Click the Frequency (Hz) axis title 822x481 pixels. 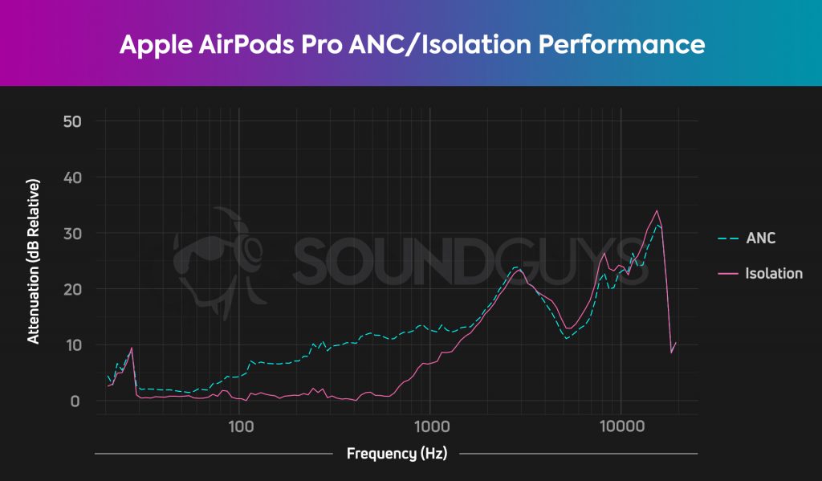tap(396, 454)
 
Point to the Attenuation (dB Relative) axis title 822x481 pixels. tap(34, 261)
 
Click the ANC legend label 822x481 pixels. tap(760, 238)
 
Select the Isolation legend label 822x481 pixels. tap(773, 274)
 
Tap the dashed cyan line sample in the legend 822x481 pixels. tap(728, 238)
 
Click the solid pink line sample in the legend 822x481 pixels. tap(728, 274)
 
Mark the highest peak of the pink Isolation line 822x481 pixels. tap(657, 211)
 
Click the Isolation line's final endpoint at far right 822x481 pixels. tap(676, 343)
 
